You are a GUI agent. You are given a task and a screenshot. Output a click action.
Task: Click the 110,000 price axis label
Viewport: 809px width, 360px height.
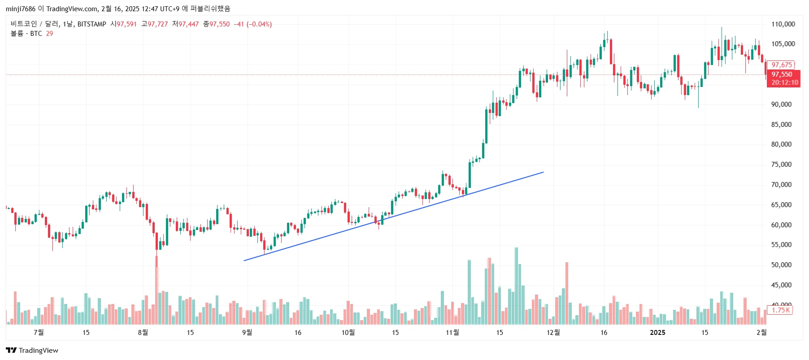(x=783, y=24)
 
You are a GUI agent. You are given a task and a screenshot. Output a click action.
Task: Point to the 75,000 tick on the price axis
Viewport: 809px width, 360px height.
(x=781, y=165)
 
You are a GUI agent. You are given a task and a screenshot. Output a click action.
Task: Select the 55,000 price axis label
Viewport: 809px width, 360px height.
(x=781, y=245)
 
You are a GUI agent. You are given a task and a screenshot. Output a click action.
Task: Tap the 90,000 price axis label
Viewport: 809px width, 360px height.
(x=781, y=104)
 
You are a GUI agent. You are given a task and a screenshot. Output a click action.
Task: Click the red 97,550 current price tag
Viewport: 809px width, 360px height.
(x=783, y=74)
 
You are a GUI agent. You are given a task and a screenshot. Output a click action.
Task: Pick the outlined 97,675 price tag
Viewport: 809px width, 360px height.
(x=781, y=65)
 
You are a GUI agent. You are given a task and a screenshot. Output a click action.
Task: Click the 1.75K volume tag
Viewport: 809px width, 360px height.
(x=780, y=310)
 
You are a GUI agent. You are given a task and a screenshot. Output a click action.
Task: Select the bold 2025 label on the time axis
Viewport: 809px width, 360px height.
(x=657, y=333)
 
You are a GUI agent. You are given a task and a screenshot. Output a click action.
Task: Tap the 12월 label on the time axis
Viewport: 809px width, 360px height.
(x=553, y=333)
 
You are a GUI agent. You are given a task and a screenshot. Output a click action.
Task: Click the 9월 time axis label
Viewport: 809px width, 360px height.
(x=247, y=333)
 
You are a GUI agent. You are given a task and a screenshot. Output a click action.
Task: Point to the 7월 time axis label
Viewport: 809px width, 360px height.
(x=39, y=333)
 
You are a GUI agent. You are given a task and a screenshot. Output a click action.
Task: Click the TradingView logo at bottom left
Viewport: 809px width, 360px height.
(x=32, y=350)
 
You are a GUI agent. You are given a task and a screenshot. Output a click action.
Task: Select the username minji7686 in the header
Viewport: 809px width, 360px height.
(x=21, y=9)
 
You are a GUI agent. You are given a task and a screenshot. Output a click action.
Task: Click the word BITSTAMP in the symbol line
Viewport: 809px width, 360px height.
(x=91, y=24)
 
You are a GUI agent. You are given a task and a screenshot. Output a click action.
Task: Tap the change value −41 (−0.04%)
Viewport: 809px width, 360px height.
(x=253, y=24)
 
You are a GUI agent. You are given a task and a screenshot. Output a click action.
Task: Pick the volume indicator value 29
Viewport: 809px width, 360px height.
(x=49, y=34)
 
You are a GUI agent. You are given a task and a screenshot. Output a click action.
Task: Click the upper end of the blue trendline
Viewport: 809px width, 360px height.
(x=543, y=172)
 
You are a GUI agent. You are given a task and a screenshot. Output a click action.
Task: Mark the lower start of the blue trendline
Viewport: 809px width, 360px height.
(x=244, y=260)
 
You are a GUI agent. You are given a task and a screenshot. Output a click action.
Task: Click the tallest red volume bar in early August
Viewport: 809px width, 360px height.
(x=157, y=287)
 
